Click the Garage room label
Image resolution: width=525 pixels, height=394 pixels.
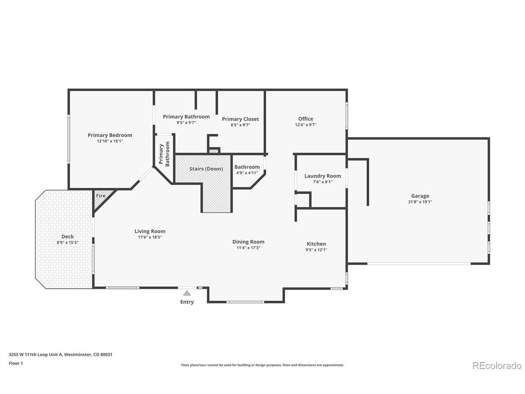click(x=420, y=196)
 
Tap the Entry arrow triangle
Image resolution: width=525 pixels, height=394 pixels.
click(x=187, y=293)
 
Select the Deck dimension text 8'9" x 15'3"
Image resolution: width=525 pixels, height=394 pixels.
click(x=67, y=242)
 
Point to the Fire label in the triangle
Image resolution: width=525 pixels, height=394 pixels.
click(x=101, y=196)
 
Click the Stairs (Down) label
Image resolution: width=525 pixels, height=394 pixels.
click(x=206, y=169)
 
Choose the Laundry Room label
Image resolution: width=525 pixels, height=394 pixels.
click(x=323, y=176)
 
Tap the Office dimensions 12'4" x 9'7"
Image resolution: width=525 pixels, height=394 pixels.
click(x=306, y=125)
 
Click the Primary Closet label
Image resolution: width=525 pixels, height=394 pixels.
click(x=240, y=119)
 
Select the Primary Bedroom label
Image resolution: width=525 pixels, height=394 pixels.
click(x=110, y=135)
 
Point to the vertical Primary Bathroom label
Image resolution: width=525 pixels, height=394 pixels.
click(x=164, y=154)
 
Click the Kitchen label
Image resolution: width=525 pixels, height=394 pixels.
click(x=316, y=244)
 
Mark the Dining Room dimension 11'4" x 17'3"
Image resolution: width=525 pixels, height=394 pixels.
click(x=248, y=247)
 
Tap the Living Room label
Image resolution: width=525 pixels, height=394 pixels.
click(x=150, y=231)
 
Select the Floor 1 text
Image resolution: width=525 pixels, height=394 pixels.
click(x=16, y=363)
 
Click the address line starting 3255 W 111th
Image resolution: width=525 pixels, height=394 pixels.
click(x=61, y=354)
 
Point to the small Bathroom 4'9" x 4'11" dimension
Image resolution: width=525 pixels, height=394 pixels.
click(x=247, y=173)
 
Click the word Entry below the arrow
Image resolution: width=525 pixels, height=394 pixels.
click(x=187, y=302)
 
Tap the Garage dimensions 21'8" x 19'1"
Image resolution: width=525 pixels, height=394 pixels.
click(x=420, y=202)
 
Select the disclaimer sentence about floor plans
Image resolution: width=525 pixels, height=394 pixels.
click(x=262, y=365)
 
